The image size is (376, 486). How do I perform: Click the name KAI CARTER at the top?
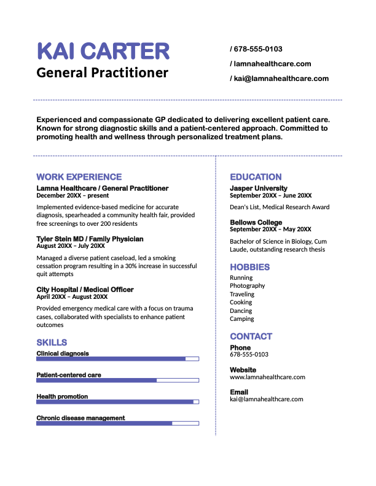[103, 52]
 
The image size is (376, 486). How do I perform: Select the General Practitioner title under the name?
[102, 73]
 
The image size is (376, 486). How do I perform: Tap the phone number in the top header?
[258, 49]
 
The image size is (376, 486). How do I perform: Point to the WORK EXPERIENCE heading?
[79, 177]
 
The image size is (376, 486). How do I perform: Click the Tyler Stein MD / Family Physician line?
[90, 239]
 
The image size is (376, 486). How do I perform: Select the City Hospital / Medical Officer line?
[85, 289]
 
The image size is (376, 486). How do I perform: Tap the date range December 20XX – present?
[72, 196]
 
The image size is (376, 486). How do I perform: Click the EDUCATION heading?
[256, 177]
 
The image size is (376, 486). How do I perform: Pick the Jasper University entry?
[259, 188]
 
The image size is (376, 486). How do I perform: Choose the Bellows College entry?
[256, 222]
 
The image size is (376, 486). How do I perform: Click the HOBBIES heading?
[250, 267]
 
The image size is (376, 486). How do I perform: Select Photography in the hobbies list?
[248, 286]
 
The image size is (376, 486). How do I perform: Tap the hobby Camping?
[242, 319]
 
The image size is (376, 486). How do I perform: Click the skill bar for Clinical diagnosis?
[117, 358]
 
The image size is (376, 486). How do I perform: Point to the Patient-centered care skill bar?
[117, 380]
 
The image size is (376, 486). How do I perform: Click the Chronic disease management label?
[80, 418]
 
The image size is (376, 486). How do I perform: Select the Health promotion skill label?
[62, 396]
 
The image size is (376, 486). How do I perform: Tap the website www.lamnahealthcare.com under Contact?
[267, 377]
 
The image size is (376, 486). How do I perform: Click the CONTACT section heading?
[251, 336]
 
